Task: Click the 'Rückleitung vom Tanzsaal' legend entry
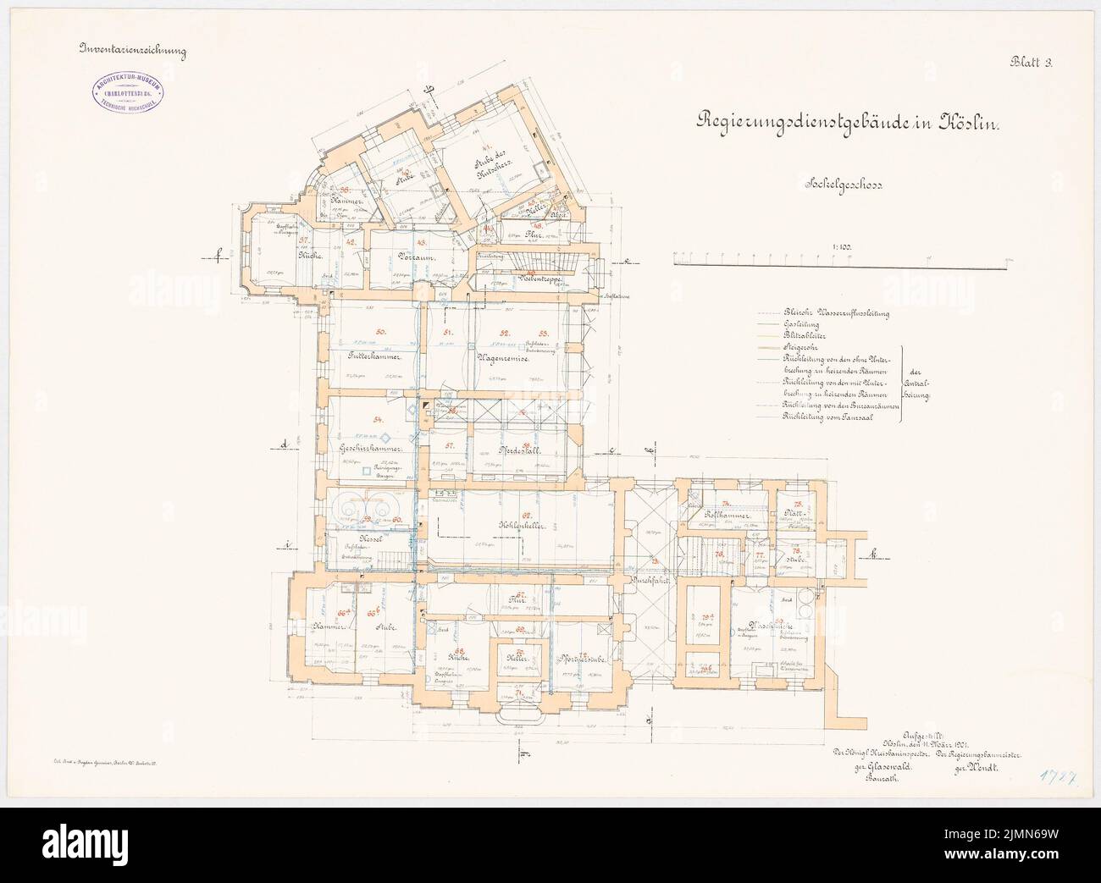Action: [827, 417]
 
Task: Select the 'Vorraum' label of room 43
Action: [396, 265]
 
